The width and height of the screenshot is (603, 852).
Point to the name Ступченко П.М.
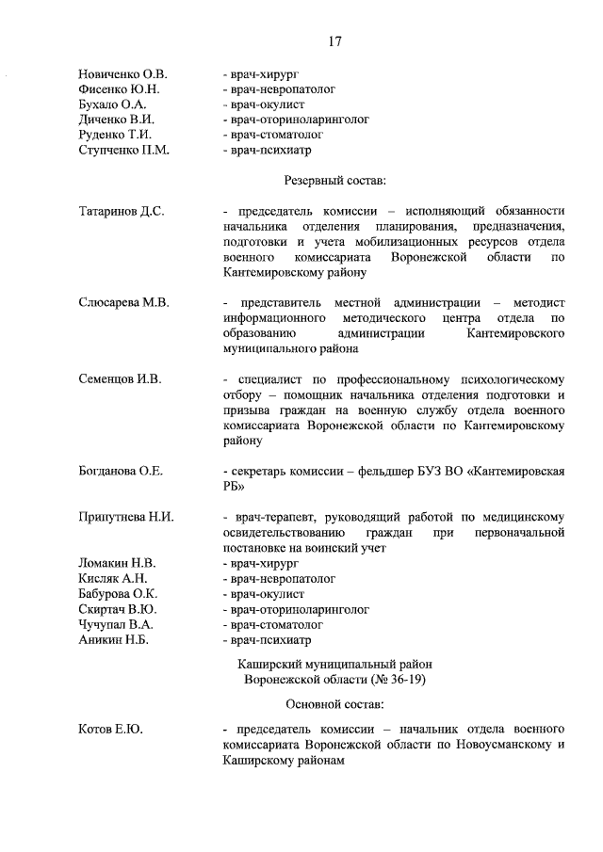click(x=124, y=150)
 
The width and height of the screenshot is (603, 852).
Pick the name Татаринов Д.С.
click(x=122, y=212)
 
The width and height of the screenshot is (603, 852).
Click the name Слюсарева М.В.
click(x=122, y=303)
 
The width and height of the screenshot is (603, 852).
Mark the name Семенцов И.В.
click(x=120, y=379)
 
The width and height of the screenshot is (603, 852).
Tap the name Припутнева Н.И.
click(x=126, y=517)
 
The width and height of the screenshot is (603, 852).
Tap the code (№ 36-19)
click(x=389, y=679)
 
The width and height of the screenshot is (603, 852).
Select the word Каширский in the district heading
click(x=270, y=664)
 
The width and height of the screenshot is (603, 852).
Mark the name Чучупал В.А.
click(x=116, y=624)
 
